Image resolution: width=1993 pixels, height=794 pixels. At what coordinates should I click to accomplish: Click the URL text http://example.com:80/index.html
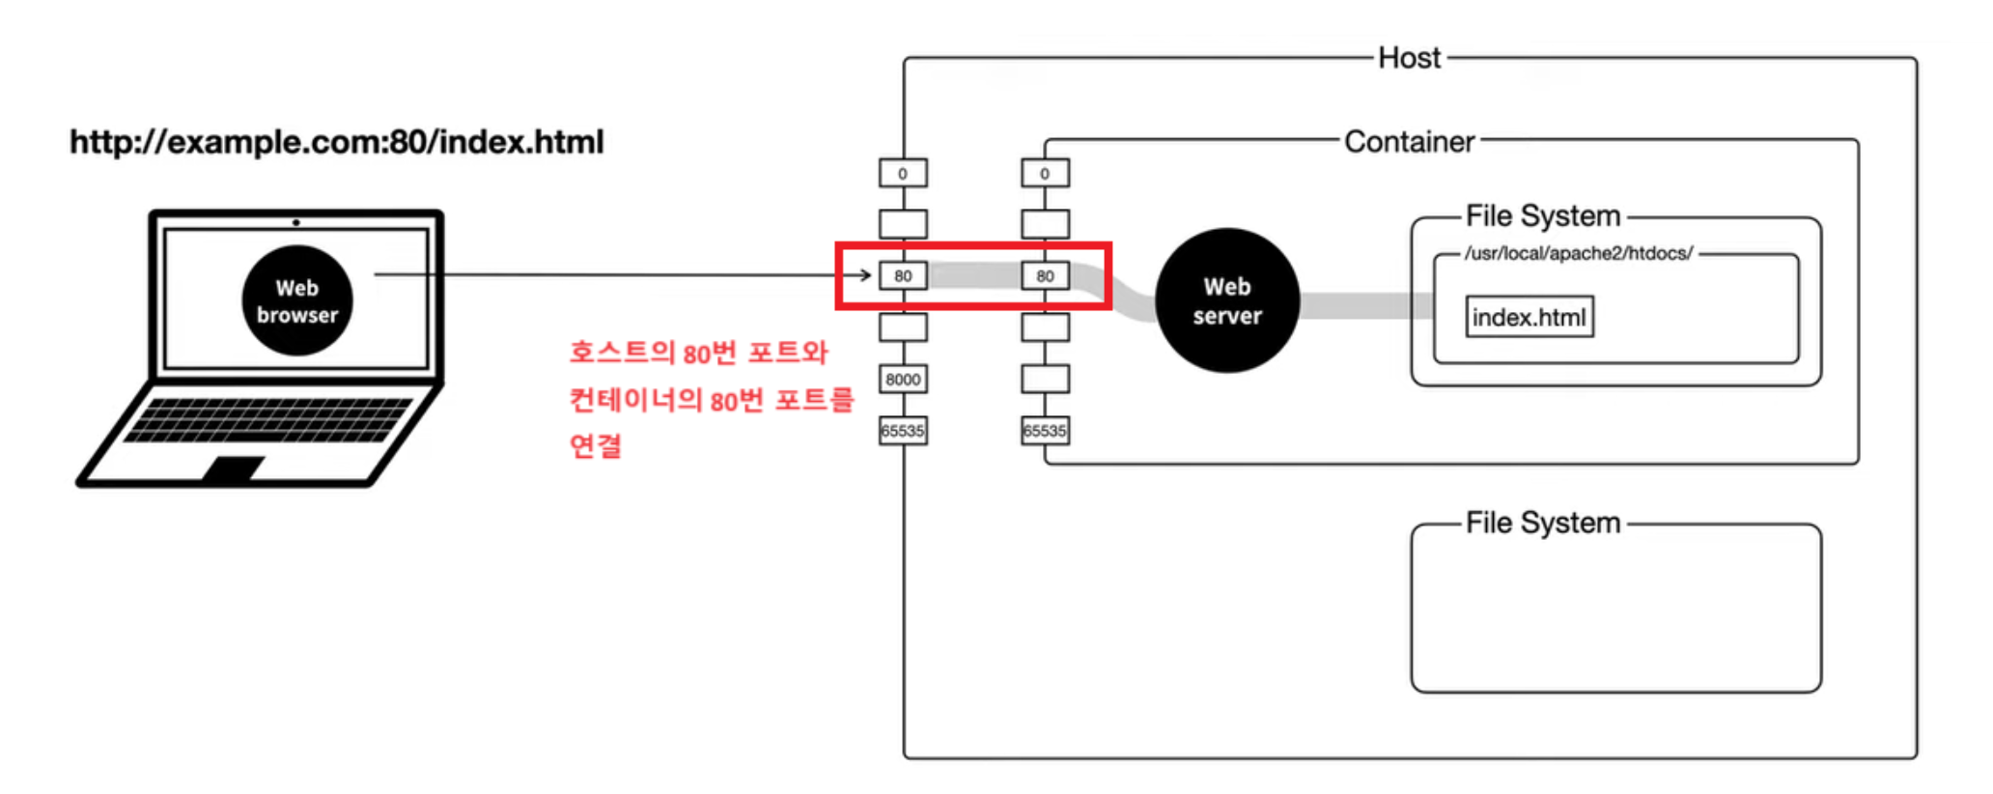pyautogui.click(x=336, y=142)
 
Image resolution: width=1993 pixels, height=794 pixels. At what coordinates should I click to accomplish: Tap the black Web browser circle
pyautogui.click(x=297, y=300)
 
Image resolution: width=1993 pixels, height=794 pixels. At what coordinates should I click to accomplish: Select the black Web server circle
pyautogui.click(x=1226, y=300)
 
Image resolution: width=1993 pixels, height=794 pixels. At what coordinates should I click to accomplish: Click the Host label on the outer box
pyautogui.click(x=1409, y=58)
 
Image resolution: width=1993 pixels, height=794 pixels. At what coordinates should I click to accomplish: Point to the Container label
pyautogui.click(x=1409, y=142)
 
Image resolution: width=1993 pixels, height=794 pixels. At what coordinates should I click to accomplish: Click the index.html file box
pyautogui.click(x=1529, y=317)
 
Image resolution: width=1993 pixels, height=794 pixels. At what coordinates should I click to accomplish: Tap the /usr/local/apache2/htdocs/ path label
pyautogui.click(x=1578, y=253)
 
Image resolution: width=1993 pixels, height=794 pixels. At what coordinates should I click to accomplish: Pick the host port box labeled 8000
pyautogui.click(x=903, y=379)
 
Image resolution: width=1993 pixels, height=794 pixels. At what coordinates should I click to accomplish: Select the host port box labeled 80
pyautogui.click(x=903, y=276)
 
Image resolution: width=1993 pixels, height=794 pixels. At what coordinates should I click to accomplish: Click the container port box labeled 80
pyautogui.click(x=1045, y=276)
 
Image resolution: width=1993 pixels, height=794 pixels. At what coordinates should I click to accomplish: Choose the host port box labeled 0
pyautogui.click(x=903, y=174)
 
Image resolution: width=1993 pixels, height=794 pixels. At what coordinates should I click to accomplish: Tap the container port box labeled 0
pyautogui.click(x=1045, y=174)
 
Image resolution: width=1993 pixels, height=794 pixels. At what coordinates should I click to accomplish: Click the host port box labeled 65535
pyautogui.click(x=903, y=431)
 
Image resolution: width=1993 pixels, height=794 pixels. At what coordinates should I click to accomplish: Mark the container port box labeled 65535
pyautogui.click(x=1045, y=431)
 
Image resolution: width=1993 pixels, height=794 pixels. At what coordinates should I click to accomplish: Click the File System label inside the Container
pyautogui.click(x=1542, y=215)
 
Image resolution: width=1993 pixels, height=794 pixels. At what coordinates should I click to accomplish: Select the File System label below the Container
pyautogui.click(x=1542, y=523)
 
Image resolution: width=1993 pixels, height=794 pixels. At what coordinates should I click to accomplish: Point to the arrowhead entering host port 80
pyautogui.click(x=866, y=275)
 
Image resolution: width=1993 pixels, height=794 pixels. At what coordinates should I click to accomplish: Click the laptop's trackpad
pyautogui.click(x=234, y=468)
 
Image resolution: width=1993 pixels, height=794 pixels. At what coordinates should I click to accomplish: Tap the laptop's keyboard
pyautogui.click(x=270, y=419)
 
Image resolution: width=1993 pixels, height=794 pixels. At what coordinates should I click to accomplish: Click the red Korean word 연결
pyautogui.click(x=595, y=445)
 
